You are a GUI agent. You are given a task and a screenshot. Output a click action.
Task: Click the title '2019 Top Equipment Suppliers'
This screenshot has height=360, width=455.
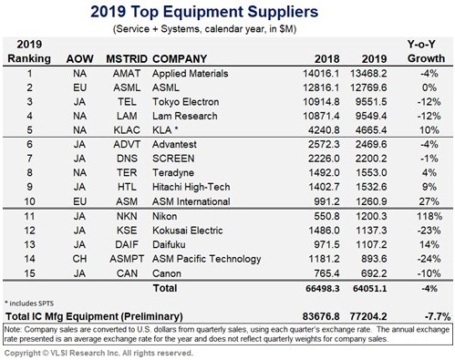click(x=227, y=14)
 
